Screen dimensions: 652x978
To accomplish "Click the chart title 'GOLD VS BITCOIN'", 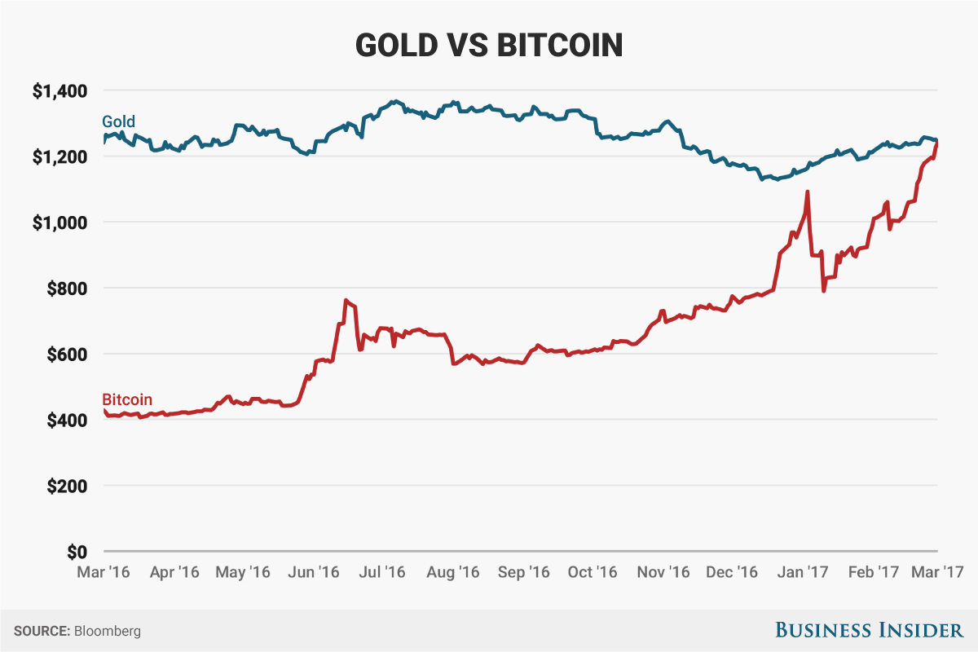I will pos(489,46).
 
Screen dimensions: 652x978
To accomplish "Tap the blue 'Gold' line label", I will pos(118,122).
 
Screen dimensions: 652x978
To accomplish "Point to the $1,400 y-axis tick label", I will pos(59,90).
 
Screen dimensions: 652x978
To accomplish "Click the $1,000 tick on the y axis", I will pos(59,222).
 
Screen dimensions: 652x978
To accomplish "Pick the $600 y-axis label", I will pos(67,355).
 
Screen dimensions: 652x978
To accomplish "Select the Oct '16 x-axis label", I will pos(592,572).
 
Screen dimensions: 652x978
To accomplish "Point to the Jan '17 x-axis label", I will pos(802,572).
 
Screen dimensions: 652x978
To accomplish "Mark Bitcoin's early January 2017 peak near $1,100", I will pos(807,192).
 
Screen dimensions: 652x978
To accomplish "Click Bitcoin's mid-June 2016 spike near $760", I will pos(346,301).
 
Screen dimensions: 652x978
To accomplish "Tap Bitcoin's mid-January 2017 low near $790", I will pos(824,290).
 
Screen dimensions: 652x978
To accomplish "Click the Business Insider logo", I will pos(868,630).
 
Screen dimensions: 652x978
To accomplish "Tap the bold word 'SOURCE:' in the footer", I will pos(42,631).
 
